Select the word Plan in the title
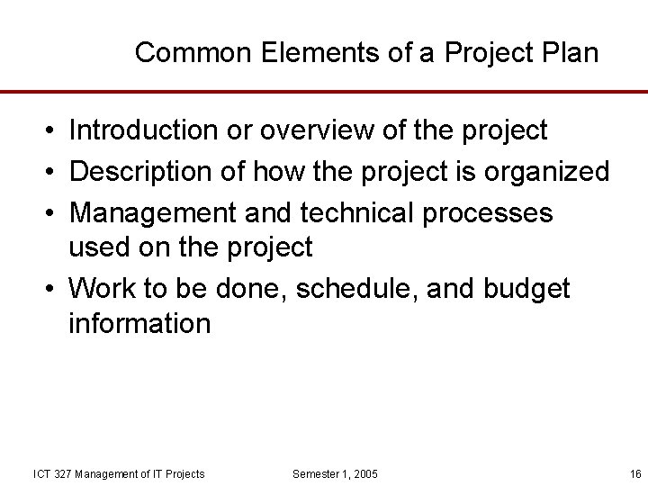(x=569, y=53)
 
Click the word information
(x=139, y=323)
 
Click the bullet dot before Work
(x=47, y=289)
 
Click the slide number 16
(x=635, y=473)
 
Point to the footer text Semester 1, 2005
(x=336, y=473)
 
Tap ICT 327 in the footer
(x=53, y=473)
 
